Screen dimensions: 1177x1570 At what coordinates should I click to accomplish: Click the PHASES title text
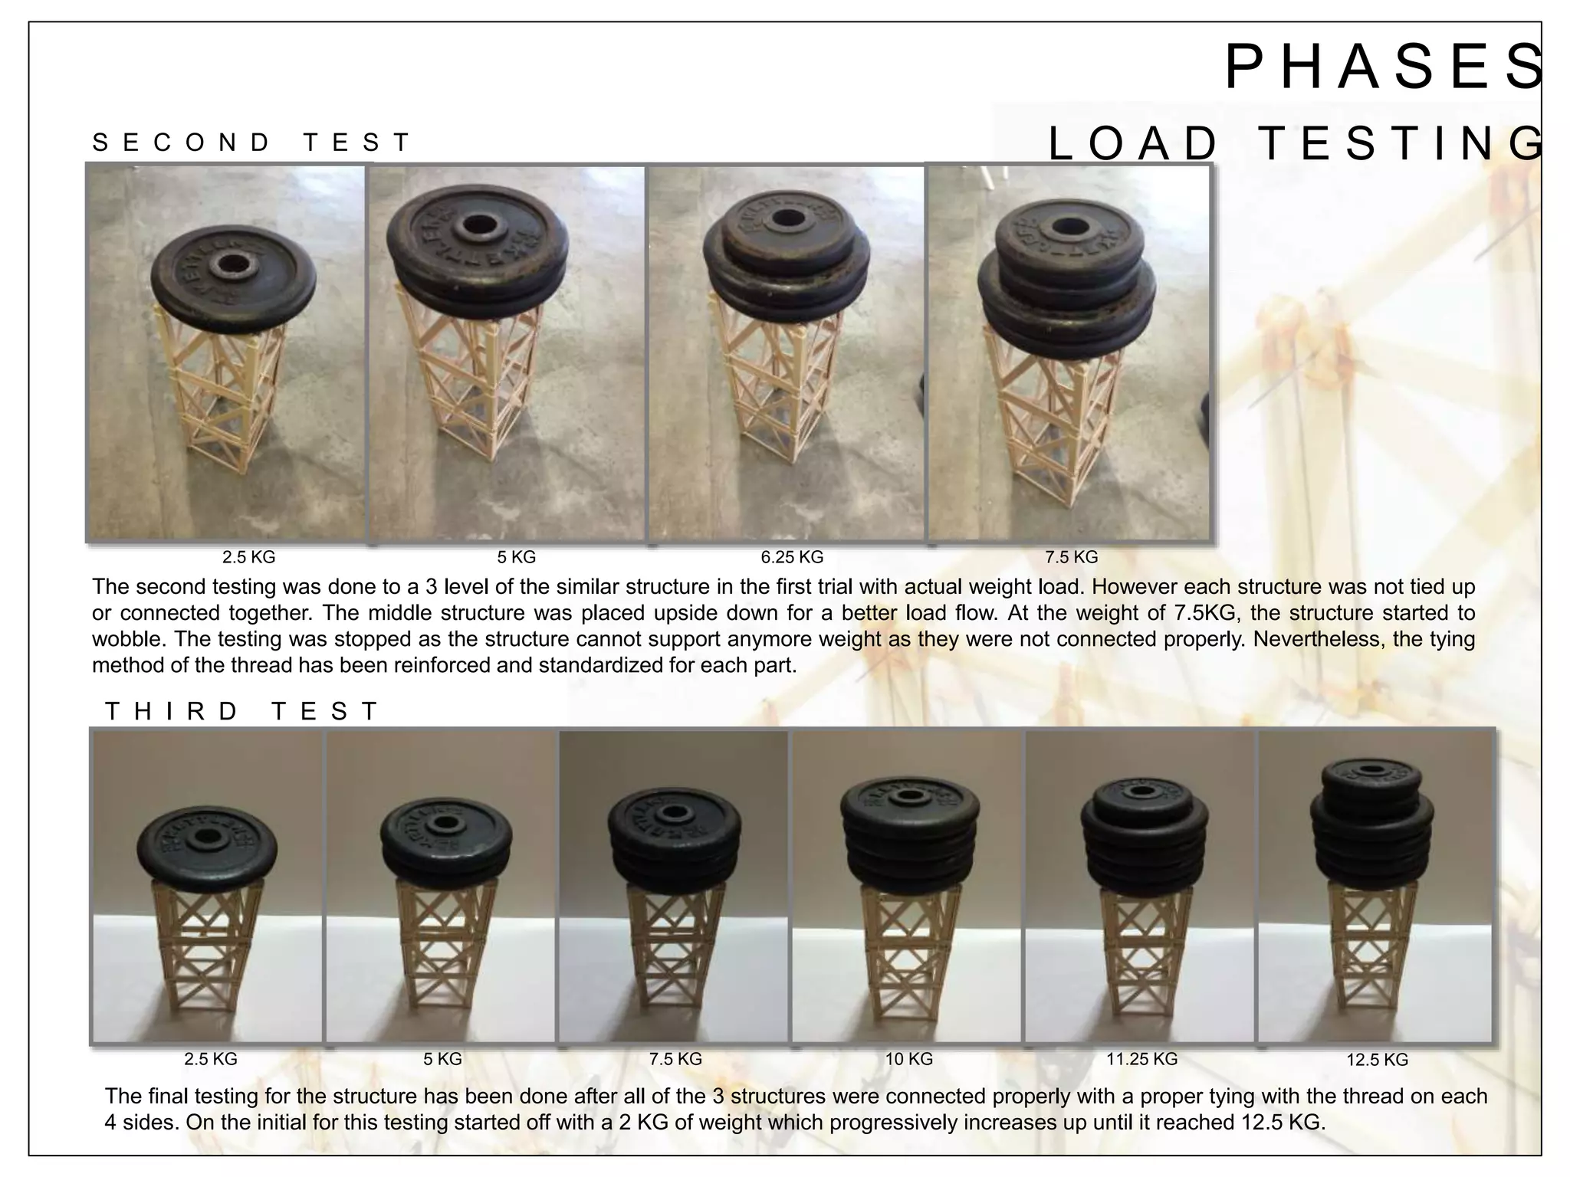coord(1384,67)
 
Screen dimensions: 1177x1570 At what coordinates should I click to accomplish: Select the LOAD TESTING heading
coord(1296,144)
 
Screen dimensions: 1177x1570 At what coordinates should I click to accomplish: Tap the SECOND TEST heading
coord(251,143)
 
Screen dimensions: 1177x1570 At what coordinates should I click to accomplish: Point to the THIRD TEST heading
coord(242,711)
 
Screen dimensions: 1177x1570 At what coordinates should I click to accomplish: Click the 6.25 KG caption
coord(792,557)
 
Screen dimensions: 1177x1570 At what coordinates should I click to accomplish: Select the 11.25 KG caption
coord(1141,1059)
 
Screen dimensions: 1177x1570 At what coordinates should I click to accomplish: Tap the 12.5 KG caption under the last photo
coord(1377,1060)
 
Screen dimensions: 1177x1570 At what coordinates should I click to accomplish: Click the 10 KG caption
coord(908,1059)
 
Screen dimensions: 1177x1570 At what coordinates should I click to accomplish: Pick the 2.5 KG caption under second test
coord(248,557)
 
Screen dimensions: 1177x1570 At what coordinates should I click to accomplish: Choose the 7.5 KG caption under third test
coord(675,1059)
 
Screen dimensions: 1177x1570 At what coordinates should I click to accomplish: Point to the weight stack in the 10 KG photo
coord(909,835)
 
